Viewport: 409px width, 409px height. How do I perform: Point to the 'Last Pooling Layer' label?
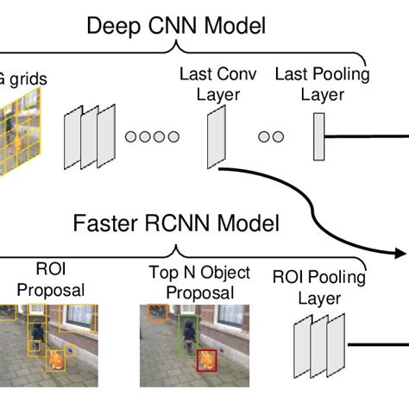(x=321, y=84)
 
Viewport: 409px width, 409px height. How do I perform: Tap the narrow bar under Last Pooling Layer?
(x=319, y=136)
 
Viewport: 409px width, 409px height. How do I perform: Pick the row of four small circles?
(x=152, y=136)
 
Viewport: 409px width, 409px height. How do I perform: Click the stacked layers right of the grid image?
(x=88, y=138)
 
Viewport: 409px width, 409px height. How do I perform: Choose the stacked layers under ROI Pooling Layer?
(x=319, y=345)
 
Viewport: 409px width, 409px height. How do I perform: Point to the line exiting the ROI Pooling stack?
(x=375, y=345)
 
